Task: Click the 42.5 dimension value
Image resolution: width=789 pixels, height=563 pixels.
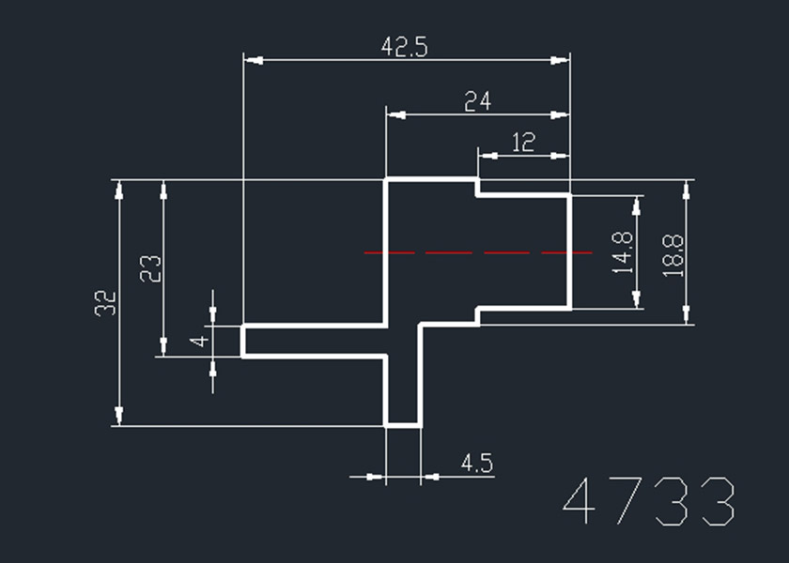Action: pos(405,47)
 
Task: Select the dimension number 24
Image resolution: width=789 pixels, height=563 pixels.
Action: pos(478,101)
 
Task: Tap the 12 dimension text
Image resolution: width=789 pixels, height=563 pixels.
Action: pos(523,143)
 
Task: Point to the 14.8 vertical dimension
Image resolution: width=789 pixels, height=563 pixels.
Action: pos(621,252)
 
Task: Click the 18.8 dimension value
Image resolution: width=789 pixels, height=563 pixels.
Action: pos(673,253)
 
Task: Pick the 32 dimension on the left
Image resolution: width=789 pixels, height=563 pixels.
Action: pos(106,302)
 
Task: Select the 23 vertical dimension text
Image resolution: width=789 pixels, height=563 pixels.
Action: pos(151,268)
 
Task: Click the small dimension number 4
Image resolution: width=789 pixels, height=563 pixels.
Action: pos(198,340)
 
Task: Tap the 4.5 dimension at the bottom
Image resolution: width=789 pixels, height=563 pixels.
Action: pos(477,463)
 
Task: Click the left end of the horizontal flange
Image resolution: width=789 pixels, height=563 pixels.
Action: pos(243,340)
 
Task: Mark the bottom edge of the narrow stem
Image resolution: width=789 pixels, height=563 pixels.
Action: pos(403,425)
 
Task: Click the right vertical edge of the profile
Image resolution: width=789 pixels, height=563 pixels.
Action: pos(570,251)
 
